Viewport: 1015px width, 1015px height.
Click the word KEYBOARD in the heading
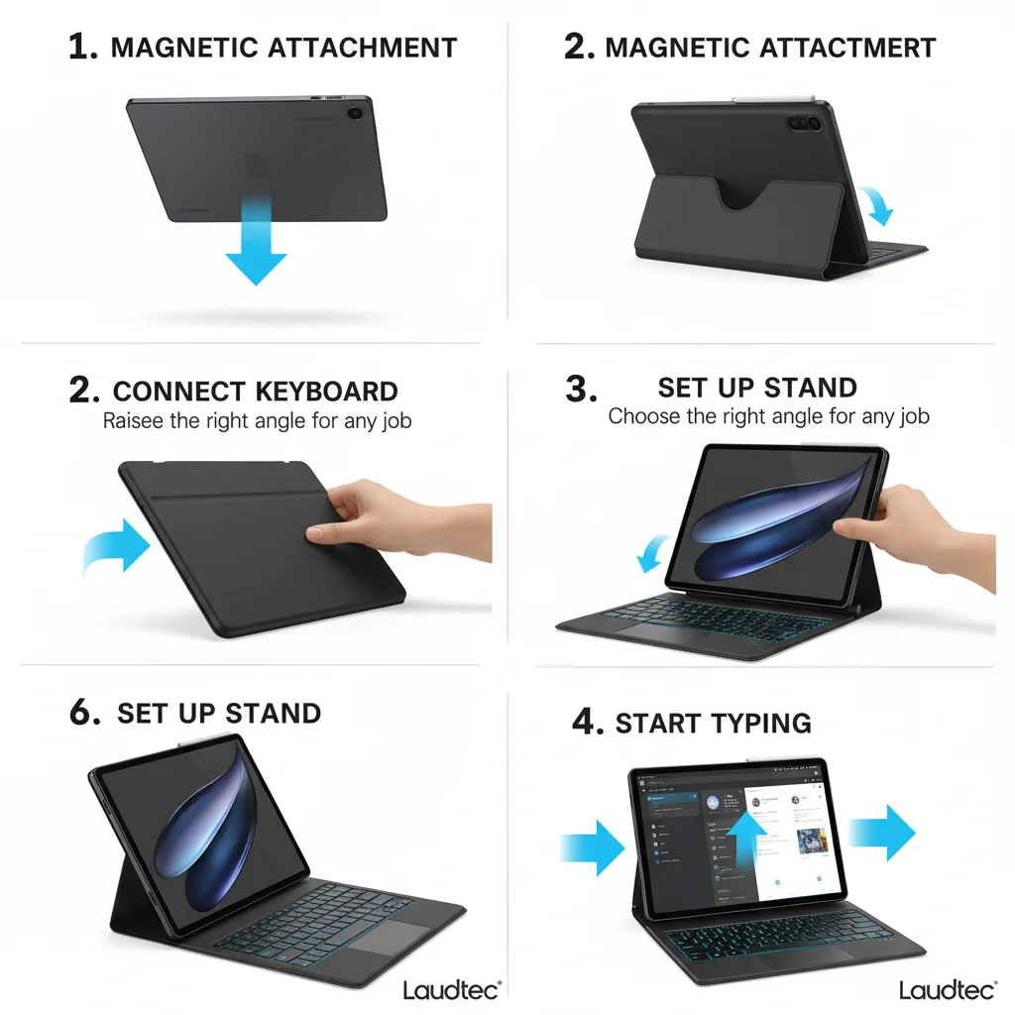(326, 392)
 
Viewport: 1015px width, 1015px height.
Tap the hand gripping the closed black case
(396, 515)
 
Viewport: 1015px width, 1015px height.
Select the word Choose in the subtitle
(641, 416)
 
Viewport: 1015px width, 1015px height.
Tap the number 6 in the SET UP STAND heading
(84, 714)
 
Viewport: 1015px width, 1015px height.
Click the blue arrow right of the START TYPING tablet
(884, 833)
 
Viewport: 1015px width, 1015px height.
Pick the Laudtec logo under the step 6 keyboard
(451, 989)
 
